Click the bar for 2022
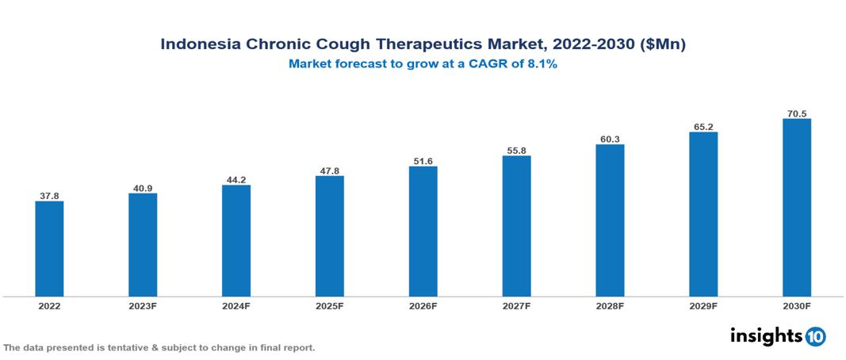pos(49,249)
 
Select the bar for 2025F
pos(330,236)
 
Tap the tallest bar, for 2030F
pos(797,208)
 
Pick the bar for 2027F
pos(517,226)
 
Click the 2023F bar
pos(143,245)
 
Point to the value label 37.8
pos(49,195)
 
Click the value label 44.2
pos(236,179)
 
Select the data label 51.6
pos(423,161)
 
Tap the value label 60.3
pos(611,139)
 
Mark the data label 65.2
pos(703,126)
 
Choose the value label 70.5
pos(797,113)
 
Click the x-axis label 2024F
pos(236,305)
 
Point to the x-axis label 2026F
pos(423,305)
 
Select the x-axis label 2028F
pos(611,305)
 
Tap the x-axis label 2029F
pos(703,305)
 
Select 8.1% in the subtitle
pos(542,64)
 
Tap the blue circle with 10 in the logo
pos(815,336)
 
